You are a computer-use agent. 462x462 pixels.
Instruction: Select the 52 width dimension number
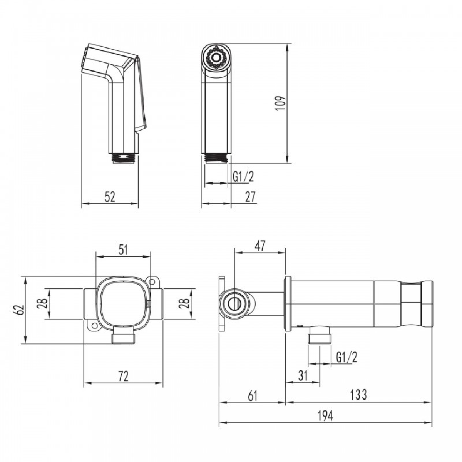[x=110, y=197]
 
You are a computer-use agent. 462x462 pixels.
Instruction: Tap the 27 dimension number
[x=251, y=197]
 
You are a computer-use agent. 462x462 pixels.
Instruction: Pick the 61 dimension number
[x=253, y=395]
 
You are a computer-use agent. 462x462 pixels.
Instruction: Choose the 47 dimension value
[x=260, y=246]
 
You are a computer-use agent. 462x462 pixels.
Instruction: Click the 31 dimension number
[x=303, y=375]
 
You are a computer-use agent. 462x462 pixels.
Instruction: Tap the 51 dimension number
[x=123, y=250]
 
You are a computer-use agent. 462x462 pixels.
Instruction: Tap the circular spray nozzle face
[x=216, y=57]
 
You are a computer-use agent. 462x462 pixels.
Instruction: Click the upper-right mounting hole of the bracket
[x=152, y=281]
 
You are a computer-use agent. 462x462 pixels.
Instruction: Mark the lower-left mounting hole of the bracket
[x=95, y=326]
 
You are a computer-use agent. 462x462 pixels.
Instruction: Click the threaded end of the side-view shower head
[x=124, y=159]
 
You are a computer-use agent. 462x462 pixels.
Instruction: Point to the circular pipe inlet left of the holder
[x=233, y=304]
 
